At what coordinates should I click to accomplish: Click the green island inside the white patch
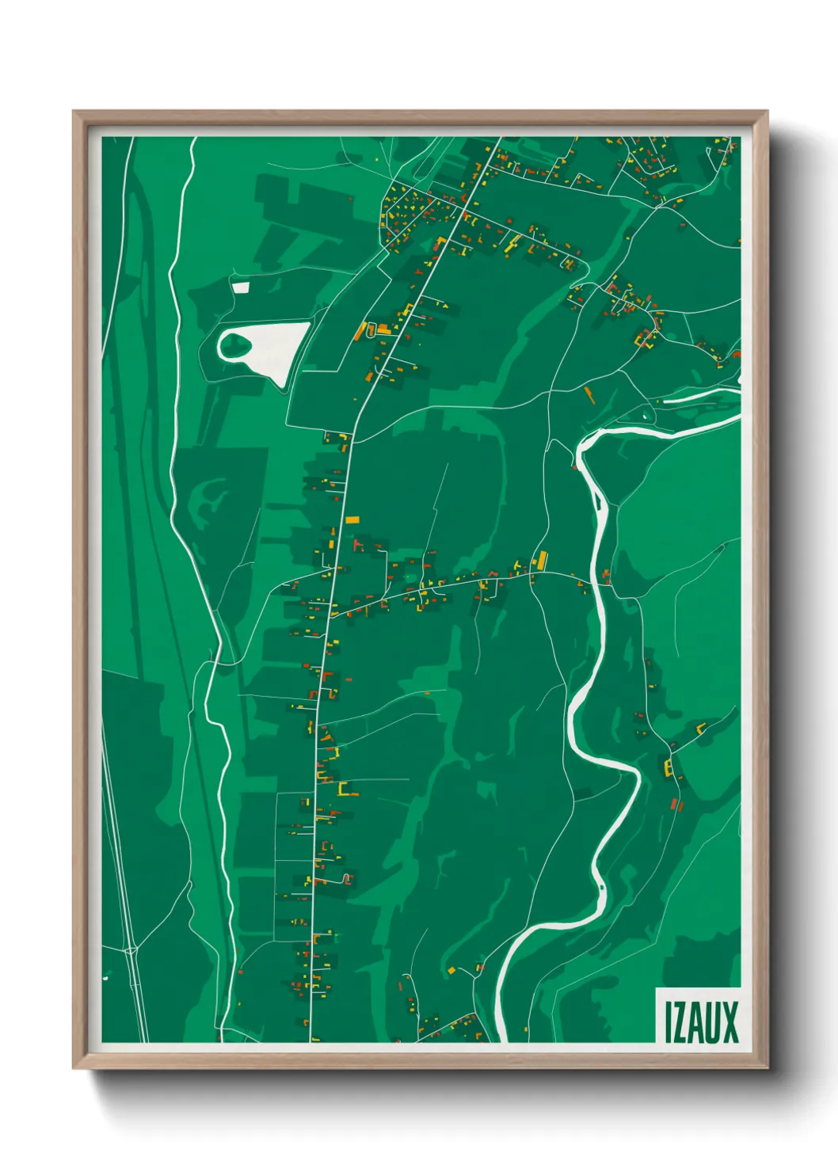click(x=235, y=344)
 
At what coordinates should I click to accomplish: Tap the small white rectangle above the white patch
click(x=240, y=287)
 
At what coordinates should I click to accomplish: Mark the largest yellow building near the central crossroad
click(x=541, y=561)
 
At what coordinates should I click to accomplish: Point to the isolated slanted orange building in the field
click(x=589, y=394)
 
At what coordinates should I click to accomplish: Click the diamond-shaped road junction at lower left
click(x=131, y=948)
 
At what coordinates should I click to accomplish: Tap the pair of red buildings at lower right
click(x=676, y=805)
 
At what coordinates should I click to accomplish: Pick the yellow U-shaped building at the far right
click(x=700, y=727)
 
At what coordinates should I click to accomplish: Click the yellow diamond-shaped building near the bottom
click(x=451, y=970)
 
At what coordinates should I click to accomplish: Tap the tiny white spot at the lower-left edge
click(x=105, y=979)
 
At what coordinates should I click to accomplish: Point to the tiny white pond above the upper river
click(x=646, y=415)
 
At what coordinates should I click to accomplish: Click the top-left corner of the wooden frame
click(x=74, y=112)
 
